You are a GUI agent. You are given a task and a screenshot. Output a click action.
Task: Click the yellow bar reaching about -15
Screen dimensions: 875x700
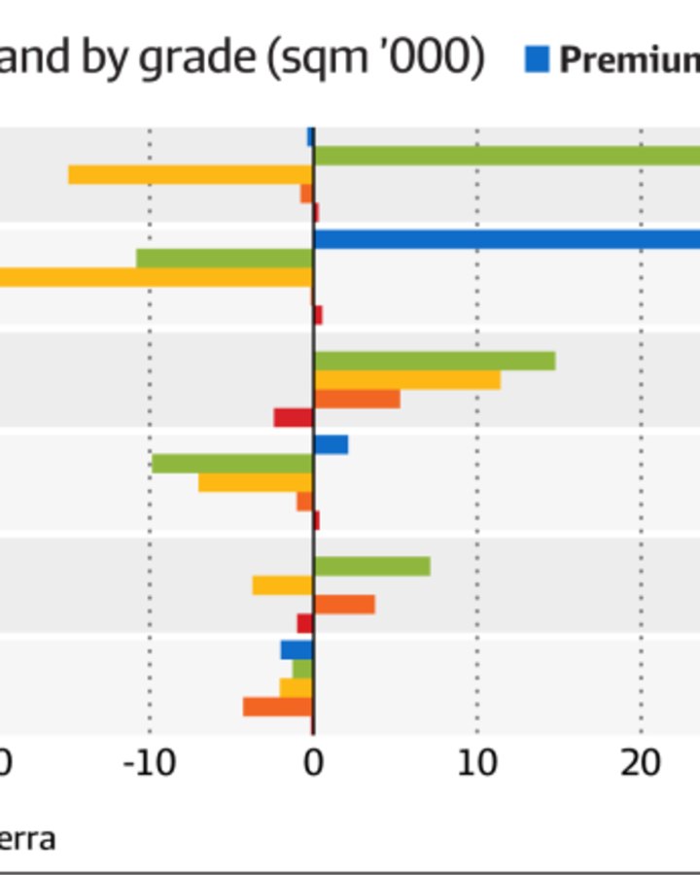[190, 175]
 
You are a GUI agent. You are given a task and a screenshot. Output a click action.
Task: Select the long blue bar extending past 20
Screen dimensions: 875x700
[506, 239]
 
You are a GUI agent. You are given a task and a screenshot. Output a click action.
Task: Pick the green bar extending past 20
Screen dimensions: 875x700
[506, 156]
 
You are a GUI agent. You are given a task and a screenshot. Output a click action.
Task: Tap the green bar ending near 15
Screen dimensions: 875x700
[434, 361]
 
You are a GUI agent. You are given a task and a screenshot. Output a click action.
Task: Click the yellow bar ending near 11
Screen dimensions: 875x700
[406, 379]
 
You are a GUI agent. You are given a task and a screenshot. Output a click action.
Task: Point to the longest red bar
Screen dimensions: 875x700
[293, 417]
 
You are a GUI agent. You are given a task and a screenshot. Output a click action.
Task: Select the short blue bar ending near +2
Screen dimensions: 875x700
[331, 444]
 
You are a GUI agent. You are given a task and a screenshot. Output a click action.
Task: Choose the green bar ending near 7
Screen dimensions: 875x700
[371, 566]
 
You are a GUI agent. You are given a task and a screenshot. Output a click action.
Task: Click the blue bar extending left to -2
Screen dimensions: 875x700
[297, 650]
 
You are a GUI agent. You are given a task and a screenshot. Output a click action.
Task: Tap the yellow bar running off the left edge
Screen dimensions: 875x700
[156, 277]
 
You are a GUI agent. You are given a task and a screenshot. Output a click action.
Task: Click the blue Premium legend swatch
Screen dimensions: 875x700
[537, 60]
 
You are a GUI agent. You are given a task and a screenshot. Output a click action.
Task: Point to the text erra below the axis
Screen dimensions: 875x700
[26, 839]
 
